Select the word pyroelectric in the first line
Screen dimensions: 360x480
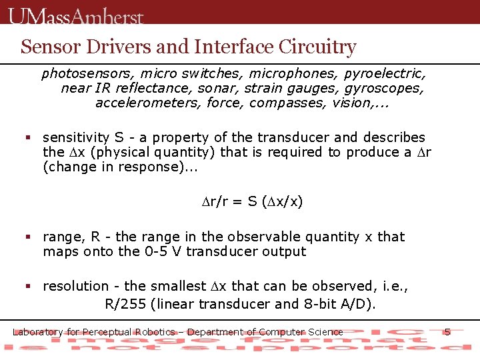pyautogui.click(x=385, y=73)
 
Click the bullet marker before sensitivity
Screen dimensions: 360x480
pyautogui.click(x=28, y=137)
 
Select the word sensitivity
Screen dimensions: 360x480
pyautogui.click(x=76, y=137)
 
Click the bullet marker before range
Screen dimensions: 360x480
pyautogui.click(x=28, y=237)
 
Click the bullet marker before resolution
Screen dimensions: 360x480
pyautogui.click(x=28, y=286)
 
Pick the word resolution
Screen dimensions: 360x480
pyautogui.click(x=75, y=286)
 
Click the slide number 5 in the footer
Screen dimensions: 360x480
pyautogui.click(x=447, y=331)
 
